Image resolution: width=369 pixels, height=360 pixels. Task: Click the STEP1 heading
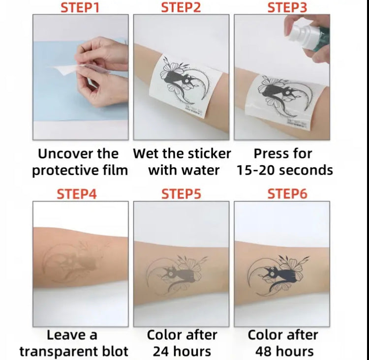point(80,7)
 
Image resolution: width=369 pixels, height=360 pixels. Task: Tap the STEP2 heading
point(181,7)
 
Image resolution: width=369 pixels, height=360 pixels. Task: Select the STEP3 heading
point(287,7)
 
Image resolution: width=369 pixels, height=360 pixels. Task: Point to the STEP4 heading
point(77,194)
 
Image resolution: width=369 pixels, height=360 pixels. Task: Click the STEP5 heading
point(181,194)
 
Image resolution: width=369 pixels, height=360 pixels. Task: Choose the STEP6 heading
point(287,194)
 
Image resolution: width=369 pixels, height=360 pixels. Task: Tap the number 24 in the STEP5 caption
point(161,352)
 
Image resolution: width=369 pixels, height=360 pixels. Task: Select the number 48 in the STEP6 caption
point(263,352)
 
